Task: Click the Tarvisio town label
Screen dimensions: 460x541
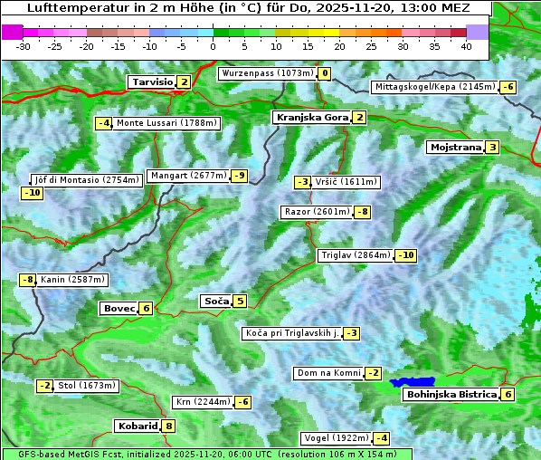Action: coord(152,81)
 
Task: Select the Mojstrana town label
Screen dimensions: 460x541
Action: coord(455,147)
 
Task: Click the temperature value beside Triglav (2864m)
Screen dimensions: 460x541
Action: coord(406,255)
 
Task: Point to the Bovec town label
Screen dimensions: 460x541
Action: coord(119,308)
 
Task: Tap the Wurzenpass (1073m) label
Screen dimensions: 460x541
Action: coord(268,73)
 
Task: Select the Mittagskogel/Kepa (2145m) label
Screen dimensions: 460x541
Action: coord(435,87)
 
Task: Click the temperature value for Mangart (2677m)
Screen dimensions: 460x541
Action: coord(239,176)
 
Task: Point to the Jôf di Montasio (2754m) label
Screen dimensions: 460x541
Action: coord(87,179)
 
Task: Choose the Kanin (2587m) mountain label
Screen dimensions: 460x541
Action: coord(72,280)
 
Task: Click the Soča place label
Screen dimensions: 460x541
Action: coord(216,301)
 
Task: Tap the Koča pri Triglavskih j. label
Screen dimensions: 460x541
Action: coord(290,333)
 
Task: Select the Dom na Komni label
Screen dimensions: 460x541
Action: coord(328,373)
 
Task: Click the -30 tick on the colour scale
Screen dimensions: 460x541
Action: coord(24,46)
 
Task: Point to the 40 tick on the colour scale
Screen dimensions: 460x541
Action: coord(466,46)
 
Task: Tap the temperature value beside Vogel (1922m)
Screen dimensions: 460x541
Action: coord(383,438)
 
